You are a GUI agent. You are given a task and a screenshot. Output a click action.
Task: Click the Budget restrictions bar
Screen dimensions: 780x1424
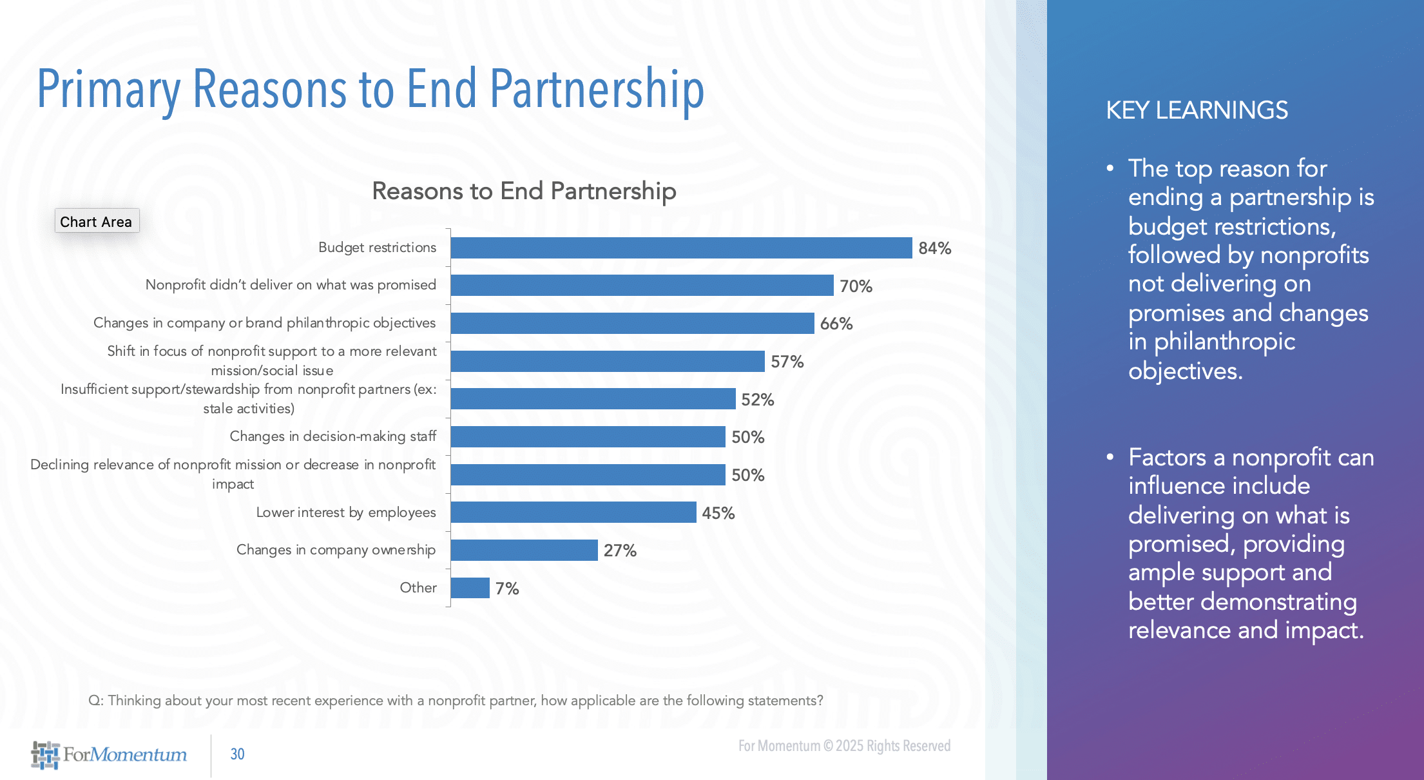point(680,248)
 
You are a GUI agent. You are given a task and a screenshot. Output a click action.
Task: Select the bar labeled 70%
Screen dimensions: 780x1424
point(642,286)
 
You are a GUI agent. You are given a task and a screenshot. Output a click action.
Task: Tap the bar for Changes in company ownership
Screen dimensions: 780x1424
point(524,550)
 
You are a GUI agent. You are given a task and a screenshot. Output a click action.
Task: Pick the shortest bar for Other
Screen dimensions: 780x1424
point(470,588)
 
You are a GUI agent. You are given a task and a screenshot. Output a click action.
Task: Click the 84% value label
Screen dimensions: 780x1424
point(934,248)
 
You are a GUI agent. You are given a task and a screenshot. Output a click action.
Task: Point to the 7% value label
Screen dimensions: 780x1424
point(506,589)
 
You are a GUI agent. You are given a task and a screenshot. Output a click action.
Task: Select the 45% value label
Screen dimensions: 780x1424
point(718,513)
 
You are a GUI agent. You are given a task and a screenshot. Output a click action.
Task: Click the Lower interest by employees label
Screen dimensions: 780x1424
point(346,512)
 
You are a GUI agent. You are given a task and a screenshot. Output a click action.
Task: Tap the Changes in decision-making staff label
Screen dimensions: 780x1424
point(332,436)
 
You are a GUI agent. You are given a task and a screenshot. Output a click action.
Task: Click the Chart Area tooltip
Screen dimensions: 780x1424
point(96,221)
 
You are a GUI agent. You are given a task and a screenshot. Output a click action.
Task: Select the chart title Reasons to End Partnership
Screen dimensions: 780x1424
point(524,191)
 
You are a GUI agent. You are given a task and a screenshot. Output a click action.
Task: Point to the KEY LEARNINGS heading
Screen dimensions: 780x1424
point(1197,110)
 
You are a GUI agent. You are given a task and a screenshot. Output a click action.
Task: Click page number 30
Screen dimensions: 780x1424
point(237,754)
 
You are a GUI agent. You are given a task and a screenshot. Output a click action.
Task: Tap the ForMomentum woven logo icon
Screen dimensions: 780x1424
point(45,755)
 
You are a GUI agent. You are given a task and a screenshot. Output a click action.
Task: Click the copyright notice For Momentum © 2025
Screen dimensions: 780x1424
point(844,746)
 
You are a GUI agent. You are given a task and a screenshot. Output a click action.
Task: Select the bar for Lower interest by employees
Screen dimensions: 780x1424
point(573,512)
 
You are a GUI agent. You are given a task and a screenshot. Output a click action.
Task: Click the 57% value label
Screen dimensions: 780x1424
point(787,362)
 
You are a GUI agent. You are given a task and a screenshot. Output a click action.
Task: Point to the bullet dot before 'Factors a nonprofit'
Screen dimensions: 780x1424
point(1110,457)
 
